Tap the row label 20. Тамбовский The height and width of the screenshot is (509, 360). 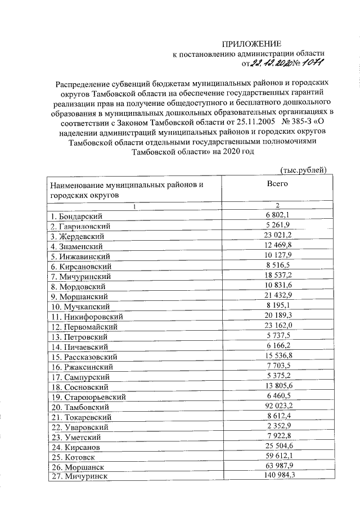(82, 407)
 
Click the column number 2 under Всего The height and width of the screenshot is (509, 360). (278, 205)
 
